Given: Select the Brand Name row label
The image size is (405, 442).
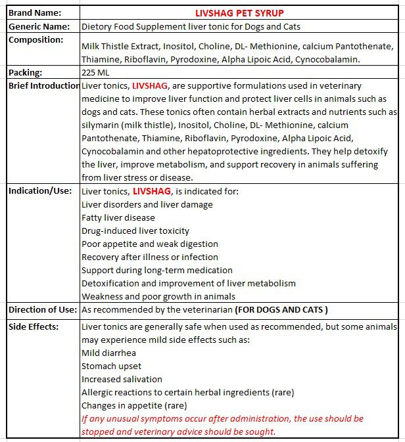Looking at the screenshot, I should (35, 12).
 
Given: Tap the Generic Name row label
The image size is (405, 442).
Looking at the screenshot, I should (39, 27).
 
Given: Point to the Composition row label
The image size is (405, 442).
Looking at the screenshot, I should (36, 40).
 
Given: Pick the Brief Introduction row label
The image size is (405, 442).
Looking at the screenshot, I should (44, 86).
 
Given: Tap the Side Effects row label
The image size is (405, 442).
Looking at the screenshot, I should (34, 326).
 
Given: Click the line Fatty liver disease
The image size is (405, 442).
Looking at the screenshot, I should (118, 217).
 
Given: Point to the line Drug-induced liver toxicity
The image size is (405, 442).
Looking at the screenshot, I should (135, 231).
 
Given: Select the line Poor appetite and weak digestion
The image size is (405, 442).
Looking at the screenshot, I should (150, 244).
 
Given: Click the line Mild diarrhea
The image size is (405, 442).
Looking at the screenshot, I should (107, 353).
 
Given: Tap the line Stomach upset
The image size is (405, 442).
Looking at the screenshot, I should (111, 366).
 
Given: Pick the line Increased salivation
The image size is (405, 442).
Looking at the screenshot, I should (122, 379).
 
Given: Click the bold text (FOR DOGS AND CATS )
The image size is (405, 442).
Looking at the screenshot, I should (281, 309).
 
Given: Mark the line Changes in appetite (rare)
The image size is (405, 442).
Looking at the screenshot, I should (134, 405).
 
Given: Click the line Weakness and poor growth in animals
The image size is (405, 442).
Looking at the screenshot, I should (158, 296).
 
